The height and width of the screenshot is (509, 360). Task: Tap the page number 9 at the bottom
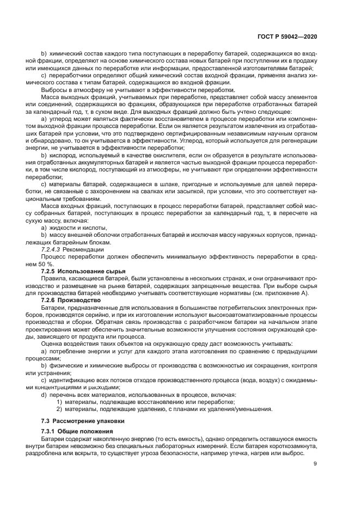(315, 464)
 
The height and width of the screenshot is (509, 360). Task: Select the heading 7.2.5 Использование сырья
(83, 271)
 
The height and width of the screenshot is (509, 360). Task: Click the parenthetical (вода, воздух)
(246, 379)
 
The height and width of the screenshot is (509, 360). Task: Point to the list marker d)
(44, 394)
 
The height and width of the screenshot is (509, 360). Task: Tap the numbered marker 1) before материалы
(59, 402)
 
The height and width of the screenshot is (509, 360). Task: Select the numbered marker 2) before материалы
(59, 409)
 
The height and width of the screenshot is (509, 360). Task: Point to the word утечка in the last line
(251, 453)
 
